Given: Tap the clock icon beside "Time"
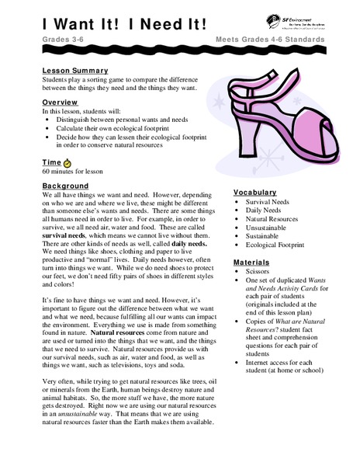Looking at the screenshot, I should point(67,162).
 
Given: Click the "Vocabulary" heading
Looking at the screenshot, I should point(255,192).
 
